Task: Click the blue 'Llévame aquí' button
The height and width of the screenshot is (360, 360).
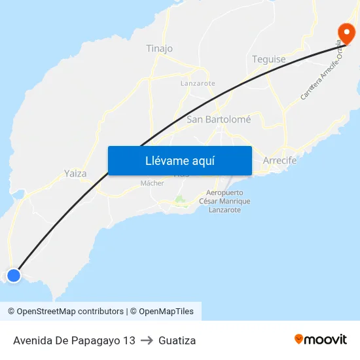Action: point(179,160)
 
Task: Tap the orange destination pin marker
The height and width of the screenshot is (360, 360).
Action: point(345,33)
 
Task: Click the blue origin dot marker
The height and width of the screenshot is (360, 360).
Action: point(13,275)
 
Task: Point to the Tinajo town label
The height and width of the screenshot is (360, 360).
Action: point(160,48)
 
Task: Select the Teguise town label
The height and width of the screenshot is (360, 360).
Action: point(269,59)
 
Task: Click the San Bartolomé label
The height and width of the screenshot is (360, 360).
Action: point(219,119)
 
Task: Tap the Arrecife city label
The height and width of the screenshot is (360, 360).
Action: point(279,160)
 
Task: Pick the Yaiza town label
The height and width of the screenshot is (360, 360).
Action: point(75,173)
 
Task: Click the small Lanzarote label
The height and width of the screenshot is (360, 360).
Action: point(198,84)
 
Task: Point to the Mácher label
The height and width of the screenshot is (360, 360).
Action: point(152,183)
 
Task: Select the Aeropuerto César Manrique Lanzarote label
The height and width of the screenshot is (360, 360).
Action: point(225,201)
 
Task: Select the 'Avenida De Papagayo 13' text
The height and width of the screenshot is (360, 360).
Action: point(74,340)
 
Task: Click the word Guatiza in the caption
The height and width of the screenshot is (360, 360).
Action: point(177,340)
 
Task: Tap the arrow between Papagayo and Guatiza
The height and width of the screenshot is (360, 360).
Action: point(147,340)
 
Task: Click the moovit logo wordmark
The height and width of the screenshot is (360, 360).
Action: point(326,339)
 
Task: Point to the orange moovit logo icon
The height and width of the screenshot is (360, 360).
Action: point(299,339)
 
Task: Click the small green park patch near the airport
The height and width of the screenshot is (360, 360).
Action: point(179,200)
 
